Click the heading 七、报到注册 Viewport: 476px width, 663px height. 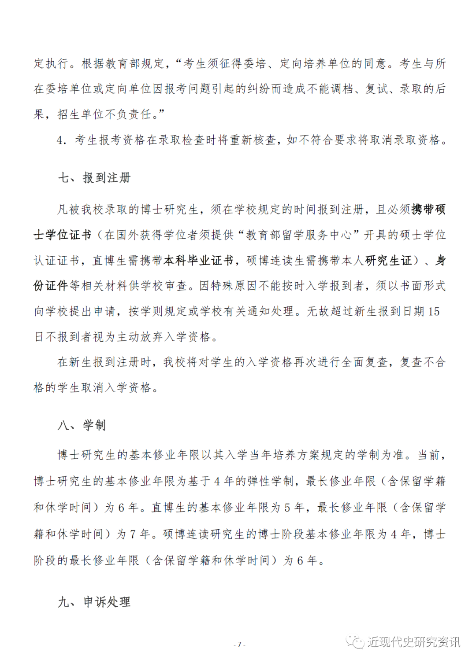tap(94, 178)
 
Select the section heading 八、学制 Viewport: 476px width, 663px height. tap(82, 425)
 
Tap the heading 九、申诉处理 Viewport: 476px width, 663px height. tap(94, 602)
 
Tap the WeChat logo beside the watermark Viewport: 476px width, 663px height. tap(355, 642)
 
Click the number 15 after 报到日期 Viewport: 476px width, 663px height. tap(434, 312)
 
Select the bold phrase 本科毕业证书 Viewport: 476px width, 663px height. tap(198, 261)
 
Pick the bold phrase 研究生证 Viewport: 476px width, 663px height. tap(388, 261)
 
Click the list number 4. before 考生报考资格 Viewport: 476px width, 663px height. tap(62, 140)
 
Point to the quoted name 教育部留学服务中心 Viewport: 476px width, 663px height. tap(298, 235)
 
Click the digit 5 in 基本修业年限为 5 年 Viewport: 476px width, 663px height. tap(287, 508)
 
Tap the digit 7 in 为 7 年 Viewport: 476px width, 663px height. tap(133, 534)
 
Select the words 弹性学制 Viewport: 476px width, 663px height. tap(270, 482)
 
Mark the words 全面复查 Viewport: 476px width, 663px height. tap(364, 362)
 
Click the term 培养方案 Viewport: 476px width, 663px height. tap(296, 455)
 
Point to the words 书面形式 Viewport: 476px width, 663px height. tap(422, 286)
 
